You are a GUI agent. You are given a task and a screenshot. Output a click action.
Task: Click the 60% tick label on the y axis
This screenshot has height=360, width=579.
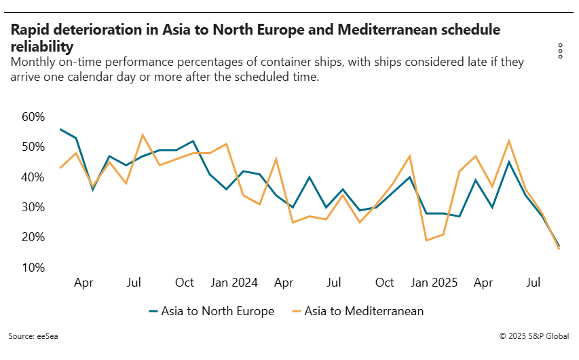pos(33,117)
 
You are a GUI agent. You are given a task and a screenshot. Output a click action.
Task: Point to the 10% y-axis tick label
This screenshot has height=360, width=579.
pos(33,268)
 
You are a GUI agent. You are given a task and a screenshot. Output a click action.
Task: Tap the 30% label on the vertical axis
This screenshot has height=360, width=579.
pos(33,207)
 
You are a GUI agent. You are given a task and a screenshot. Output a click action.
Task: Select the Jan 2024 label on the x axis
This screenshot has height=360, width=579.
pos(235,283)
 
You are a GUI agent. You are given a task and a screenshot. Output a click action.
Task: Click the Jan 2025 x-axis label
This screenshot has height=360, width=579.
pos(435,283)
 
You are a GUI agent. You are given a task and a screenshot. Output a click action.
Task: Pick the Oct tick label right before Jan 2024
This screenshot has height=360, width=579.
pos(185,283)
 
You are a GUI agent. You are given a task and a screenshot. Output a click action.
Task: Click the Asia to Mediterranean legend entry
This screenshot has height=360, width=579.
pos(357,311)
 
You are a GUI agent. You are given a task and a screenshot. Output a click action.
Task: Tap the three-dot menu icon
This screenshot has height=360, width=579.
pos(560,51)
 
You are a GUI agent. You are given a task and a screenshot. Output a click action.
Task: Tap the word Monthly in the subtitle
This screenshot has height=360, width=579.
pos(33,62)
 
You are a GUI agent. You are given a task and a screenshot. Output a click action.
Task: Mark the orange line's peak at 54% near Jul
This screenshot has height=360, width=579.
pos(143,134)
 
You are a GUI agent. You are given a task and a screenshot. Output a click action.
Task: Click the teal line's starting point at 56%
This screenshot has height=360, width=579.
pos(60,129)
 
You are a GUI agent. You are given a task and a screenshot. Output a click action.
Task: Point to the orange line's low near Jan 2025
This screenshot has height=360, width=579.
pos(427,240)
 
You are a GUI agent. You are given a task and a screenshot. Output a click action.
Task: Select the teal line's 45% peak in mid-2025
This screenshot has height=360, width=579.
pos(509,162)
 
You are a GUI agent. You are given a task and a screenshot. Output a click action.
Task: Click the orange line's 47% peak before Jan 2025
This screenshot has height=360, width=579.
pos(410,156)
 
